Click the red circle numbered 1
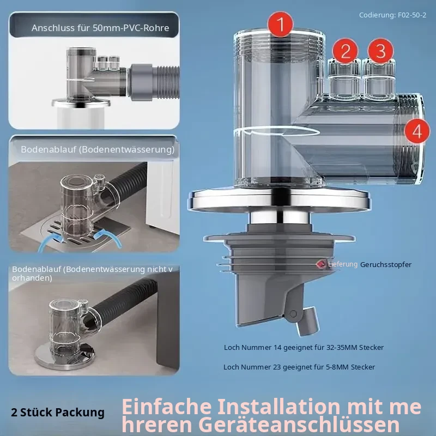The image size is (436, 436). click(280, 25)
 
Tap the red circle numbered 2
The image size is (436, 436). click(346, 51)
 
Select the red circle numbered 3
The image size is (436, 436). click(380, 51)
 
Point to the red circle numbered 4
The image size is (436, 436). click(417, 131)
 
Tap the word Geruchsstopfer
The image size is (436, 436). click(386, 264)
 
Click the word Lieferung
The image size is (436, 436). click(343, 264)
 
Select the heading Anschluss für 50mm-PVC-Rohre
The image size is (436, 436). click(100, 28)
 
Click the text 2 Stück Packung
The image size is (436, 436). click(58, 413)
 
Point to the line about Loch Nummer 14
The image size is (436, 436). click(304, 347)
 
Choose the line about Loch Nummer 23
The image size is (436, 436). click(299, 367)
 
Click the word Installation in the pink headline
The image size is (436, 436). click(279, 407)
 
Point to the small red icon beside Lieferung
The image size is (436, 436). click(321, 264)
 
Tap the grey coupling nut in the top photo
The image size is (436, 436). click(141, 82)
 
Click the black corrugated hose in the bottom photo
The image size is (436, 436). click(124, 302)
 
